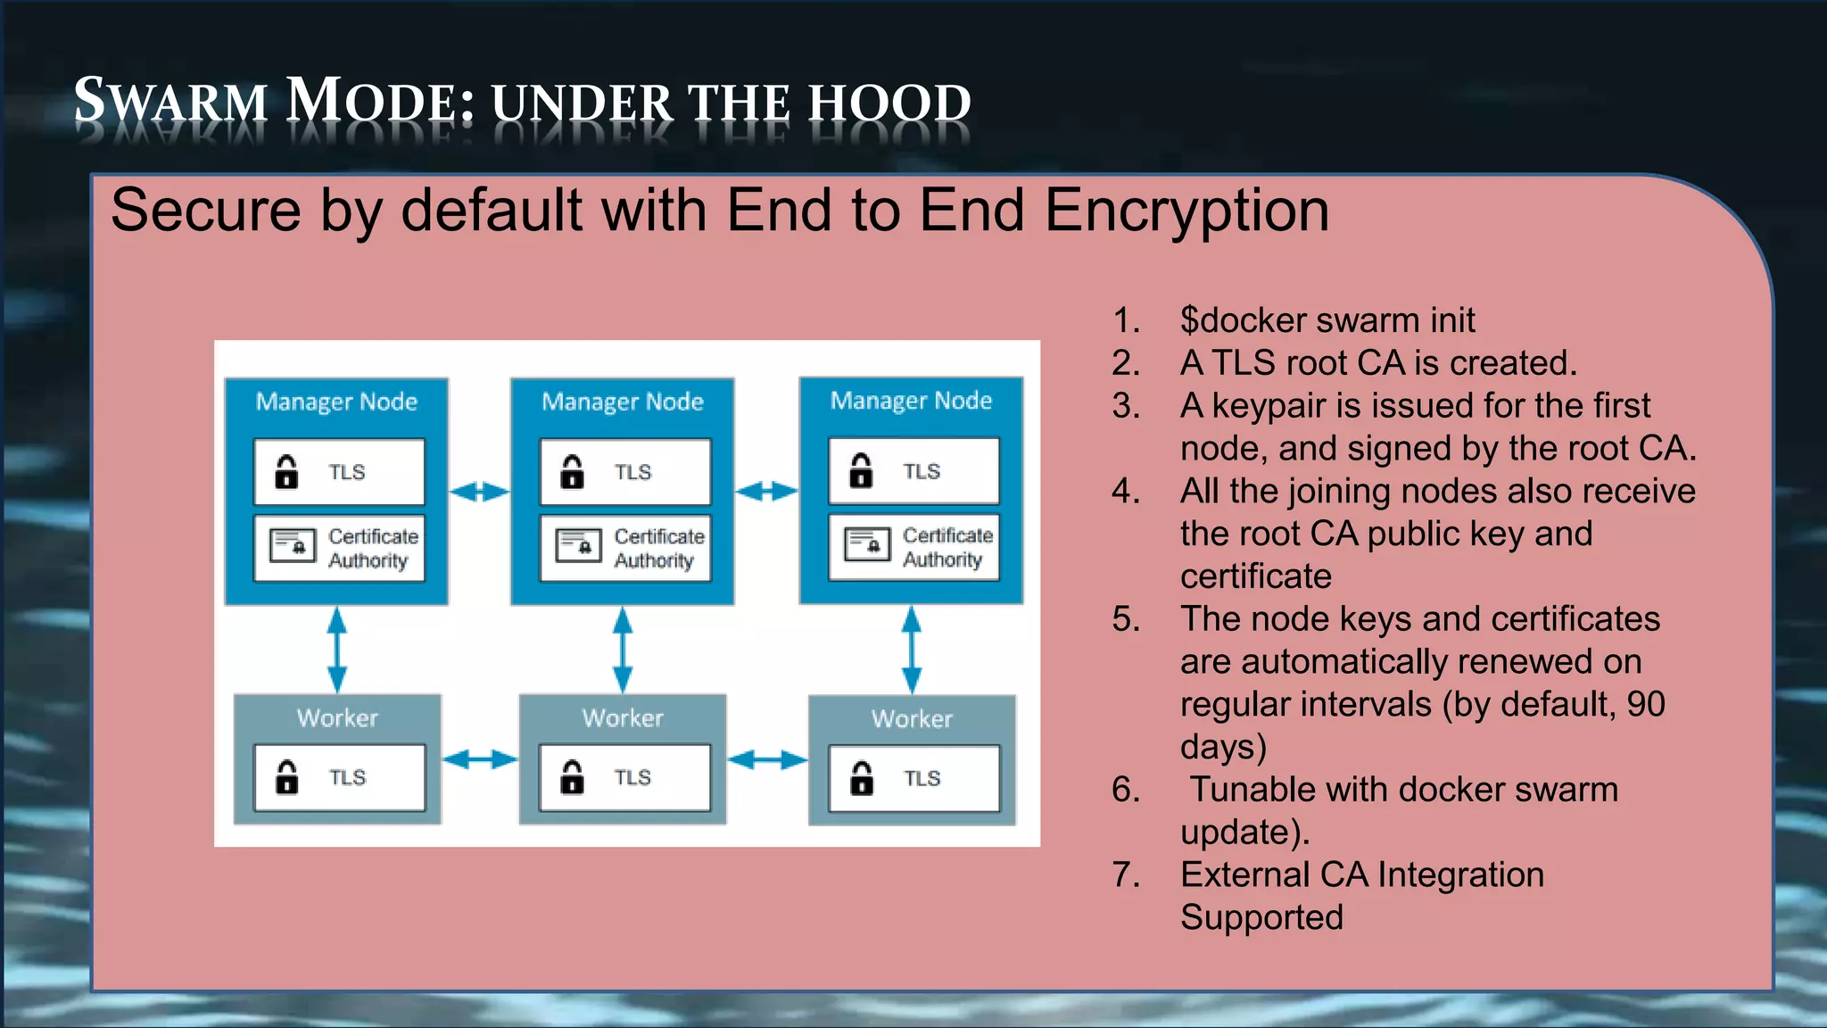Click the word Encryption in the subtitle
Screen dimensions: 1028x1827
[x=1186, y=211]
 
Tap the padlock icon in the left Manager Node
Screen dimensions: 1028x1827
[x=286, y=472]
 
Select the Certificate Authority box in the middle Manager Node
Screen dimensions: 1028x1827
[x=624, y=548]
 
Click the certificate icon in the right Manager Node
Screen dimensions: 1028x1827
[x=867, y=543]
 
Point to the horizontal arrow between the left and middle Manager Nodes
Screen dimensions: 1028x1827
[x=479, y=492]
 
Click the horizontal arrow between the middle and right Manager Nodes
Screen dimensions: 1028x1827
[x=766, y=491]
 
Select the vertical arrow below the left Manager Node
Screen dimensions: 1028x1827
[x=336, y=650]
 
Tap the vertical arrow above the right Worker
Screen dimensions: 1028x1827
[x=911, y=650]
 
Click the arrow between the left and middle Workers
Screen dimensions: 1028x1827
[x=480, y=759]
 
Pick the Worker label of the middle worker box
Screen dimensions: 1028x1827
[x=623, y=718]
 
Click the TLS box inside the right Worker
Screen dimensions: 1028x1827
[x=913, y=778]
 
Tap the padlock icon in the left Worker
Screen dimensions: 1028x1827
[x=286, y=777]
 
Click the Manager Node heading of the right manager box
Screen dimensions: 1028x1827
[x=911, y=401]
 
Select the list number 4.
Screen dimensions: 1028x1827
[x=1126, y=492]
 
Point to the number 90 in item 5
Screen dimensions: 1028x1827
[x=1645, y=704]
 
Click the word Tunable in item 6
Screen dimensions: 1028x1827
[x=1244, y=790]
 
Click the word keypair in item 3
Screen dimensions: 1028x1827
[x=1268, y=406]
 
